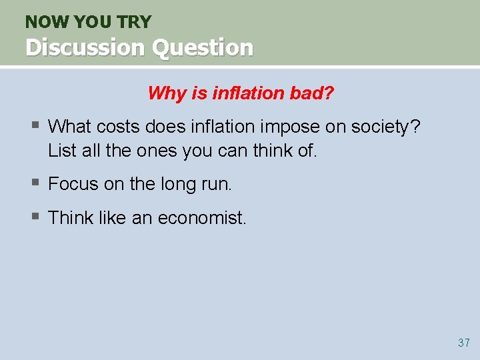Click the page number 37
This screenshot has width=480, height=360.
(464, 343)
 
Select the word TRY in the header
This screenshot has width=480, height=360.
(135, 21)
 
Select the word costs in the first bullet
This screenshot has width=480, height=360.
(126, 126)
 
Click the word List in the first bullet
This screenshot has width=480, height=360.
(62, 151)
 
